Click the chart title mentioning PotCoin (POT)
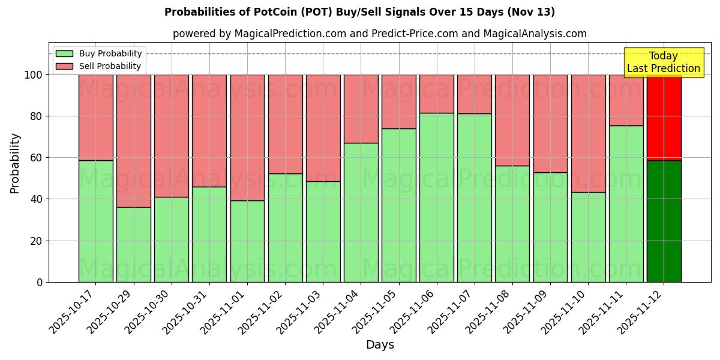[359, 12]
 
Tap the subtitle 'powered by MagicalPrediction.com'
[379, 34]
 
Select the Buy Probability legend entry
[99, 53]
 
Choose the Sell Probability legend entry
[99, 66]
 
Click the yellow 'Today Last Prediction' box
[663, 62]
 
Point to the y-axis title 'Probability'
[15, 163]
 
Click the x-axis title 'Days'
[380, 345]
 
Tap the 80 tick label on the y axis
[36, 116]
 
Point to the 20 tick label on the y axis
[36, 241]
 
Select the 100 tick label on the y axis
[33, 75]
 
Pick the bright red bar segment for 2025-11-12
[664, 117]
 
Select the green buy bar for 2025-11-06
[436, 197]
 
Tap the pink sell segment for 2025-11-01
[247, 137]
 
